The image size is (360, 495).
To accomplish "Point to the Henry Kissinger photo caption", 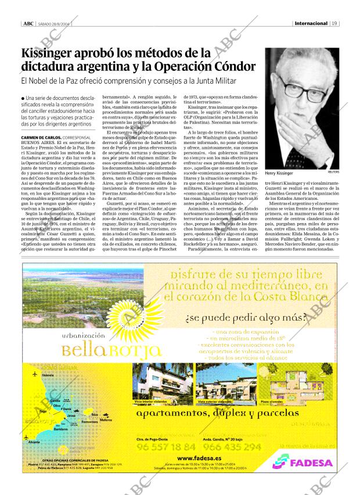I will click(x=279, y=173).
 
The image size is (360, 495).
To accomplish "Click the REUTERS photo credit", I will click(x=332, y=173).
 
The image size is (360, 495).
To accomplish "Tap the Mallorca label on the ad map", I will click(x=106, y=419).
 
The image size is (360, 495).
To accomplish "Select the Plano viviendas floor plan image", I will click(x=272, y=383).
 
